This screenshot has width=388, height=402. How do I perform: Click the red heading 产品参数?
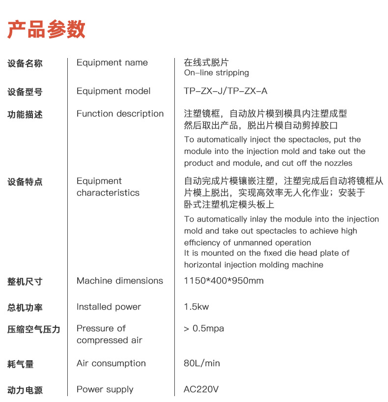pos(47,29)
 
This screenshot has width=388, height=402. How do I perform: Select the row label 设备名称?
pos(25,63)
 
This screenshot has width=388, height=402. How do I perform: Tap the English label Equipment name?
pos(112,62)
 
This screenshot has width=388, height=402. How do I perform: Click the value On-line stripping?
pos(216,73)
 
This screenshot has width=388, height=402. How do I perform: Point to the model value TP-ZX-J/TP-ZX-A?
pos(225,91)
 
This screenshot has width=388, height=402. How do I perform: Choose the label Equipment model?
pos(113,91)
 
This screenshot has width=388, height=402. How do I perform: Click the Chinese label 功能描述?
pos(25,115)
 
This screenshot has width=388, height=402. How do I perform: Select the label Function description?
pos(120,114)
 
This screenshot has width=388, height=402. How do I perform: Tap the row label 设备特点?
pos(25,182)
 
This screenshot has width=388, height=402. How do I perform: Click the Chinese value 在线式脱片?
pos(206,62)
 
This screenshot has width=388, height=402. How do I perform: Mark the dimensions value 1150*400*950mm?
pos(223,281)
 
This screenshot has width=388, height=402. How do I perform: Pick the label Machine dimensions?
pos(119,281)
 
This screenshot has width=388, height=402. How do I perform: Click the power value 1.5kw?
pos(196,307)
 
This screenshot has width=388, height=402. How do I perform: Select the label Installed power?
pos(109,307)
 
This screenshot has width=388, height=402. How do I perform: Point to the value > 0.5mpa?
pos(204,328)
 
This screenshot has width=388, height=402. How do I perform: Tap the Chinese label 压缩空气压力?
pos(34,329)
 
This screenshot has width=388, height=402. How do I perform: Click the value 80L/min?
pos(202,363)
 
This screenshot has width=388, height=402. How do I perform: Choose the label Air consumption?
pos(111,363)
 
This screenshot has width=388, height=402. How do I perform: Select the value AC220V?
pos(201,389)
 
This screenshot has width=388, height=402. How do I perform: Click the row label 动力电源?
pos(25,390)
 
